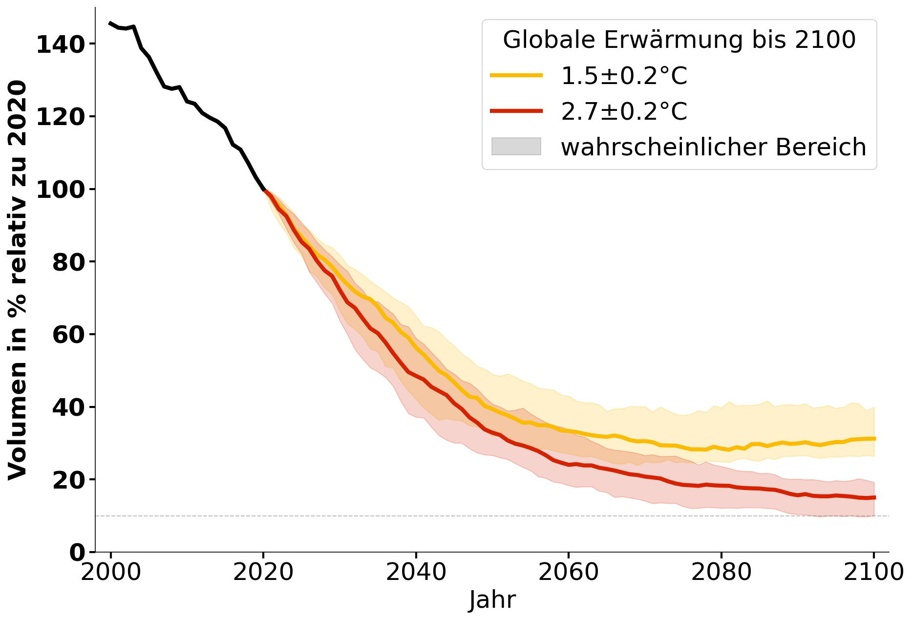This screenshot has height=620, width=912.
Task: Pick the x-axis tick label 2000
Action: click(x=111, y=572)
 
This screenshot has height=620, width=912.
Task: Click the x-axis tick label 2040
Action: click(x=416, y=572)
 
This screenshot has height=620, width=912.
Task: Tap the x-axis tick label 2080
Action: click(x=721, y=572)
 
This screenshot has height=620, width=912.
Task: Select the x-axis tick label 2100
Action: click(x=873, y=572)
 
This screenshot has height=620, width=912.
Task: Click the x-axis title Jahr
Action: click(x=492, y=599)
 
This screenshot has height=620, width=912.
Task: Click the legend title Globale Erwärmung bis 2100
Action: click(x=679, y=40)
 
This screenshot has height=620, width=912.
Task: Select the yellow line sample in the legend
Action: click(x=516, y=75)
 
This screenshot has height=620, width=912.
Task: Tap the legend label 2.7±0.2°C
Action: click(x=624, y=111)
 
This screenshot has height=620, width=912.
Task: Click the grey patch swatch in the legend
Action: click(x=516, y=147)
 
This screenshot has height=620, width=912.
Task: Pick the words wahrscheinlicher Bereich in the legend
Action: click(x=713, y=147)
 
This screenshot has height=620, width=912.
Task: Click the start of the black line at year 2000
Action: click(x=110, y=23)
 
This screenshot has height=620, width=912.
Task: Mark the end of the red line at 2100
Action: click(x=874, y=497)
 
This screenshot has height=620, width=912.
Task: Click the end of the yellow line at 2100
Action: click(x=874, y=439)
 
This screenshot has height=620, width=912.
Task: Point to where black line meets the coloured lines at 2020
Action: click(x=264, y=190)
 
